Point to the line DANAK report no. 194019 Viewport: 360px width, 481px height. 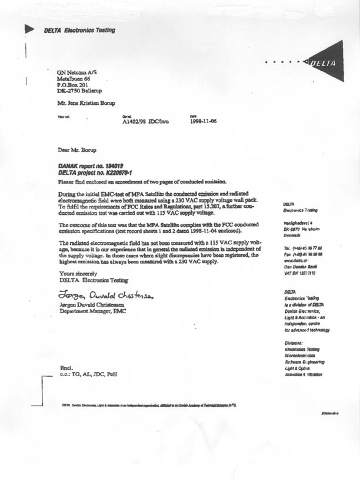click(91, 167)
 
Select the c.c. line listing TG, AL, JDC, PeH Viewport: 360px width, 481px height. click(85, 374)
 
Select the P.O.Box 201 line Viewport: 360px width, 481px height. click(72, 85)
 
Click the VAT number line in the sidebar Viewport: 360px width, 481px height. click(301, 274)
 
